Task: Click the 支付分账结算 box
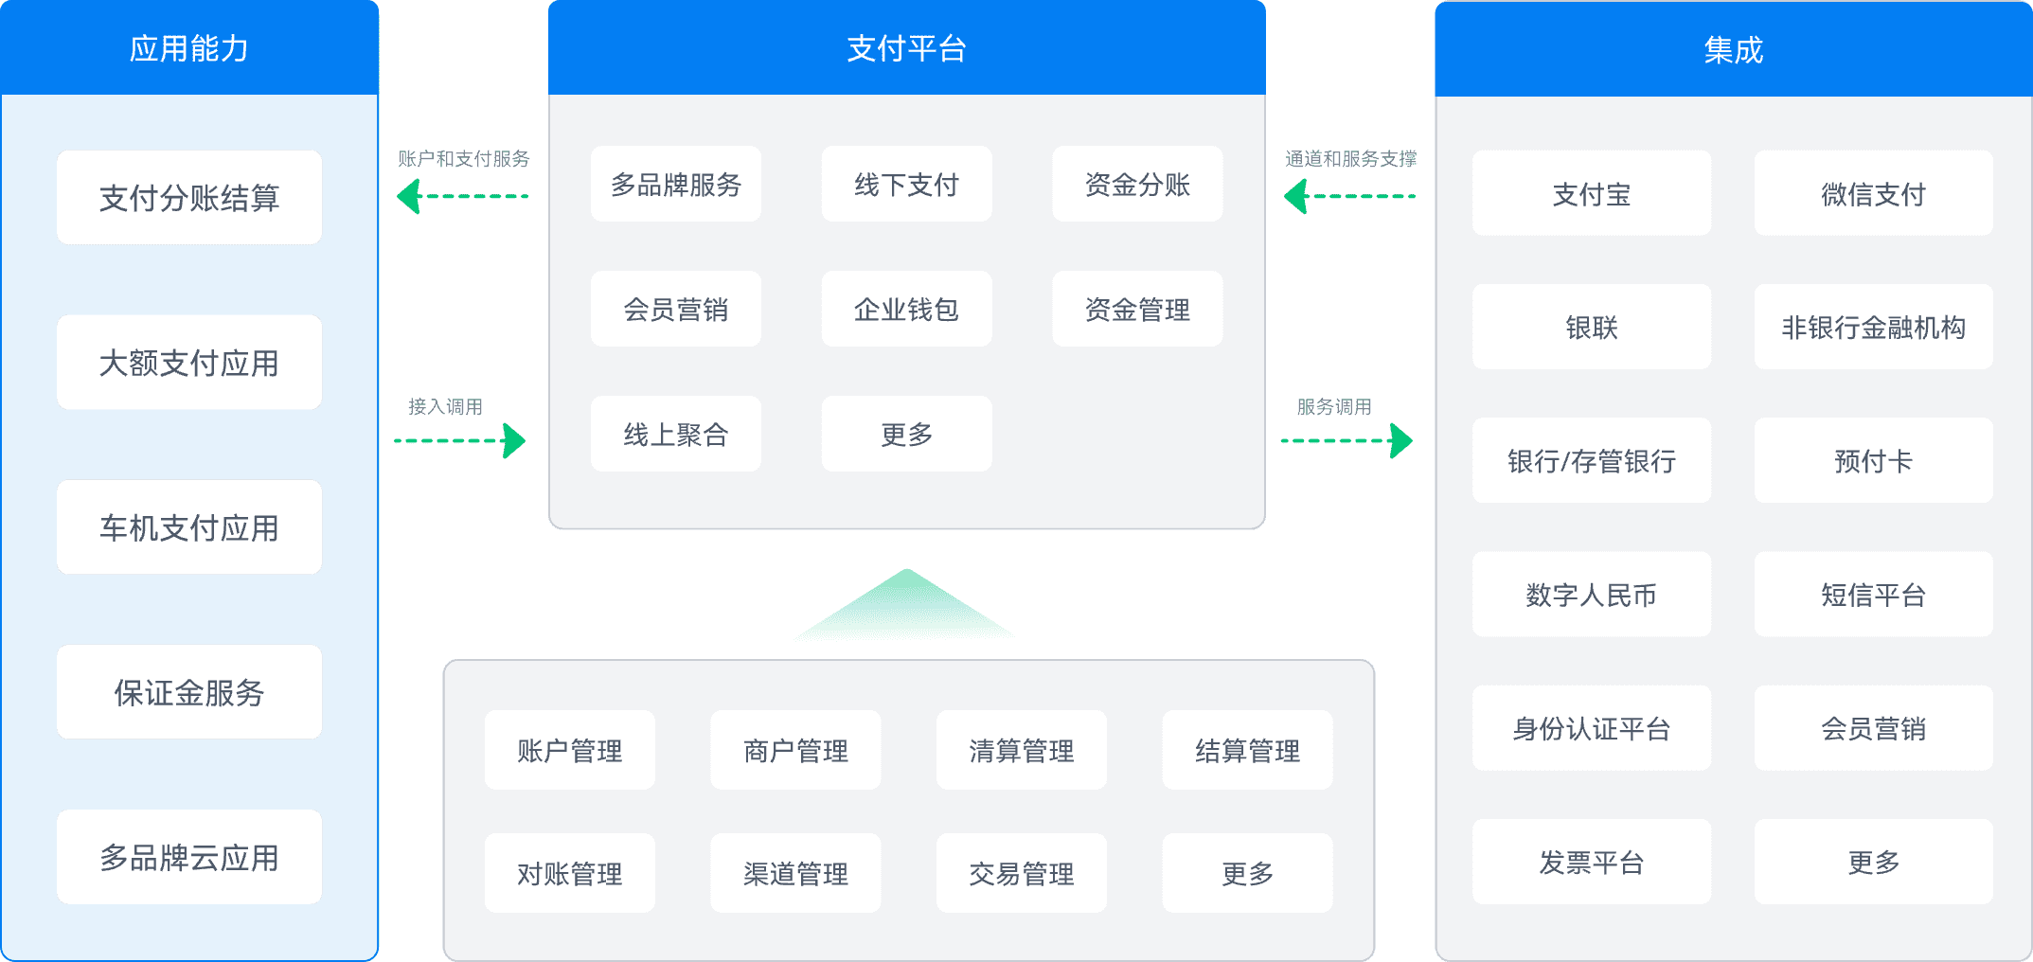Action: tap(189, 197)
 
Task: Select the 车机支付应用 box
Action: tap(189, 527)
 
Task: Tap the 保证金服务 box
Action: tap(189, 692)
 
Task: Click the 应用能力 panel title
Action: tap(189, 48)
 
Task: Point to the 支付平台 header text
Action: tap(906, 48)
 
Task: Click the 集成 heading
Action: tap(1733, 50)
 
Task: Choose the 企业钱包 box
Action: tap(906, 310)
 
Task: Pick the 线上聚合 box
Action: tap(675, 435)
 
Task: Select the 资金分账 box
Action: tap(1137, 185)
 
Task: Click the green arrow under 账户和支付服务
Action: tap(462, 197)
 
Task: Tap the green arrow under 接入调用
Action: tap(460, 440)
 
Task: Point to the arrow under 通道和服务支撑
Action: tap(1349, 197)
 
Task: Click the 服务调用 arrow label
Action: tap(1334, 407)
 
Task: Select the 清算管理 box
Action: tap(1021, 751)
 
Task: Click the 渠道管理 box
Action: tap(795, 874)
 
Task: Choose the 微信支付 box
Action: tap(1873, 194)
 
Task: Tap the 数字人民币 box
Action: tap(1591, 595)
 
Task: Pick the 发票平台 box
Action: tap(1591, 863)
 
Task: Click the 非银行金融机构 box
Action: tap(1873, 328)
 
